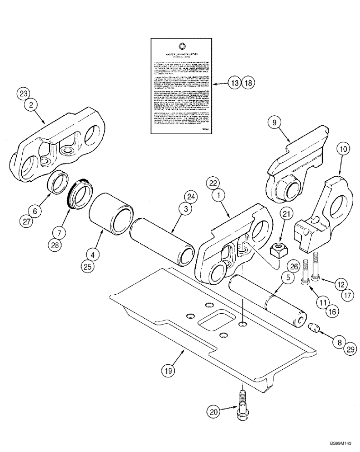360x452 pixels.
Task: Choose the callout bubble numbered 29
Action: point(351,348)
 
